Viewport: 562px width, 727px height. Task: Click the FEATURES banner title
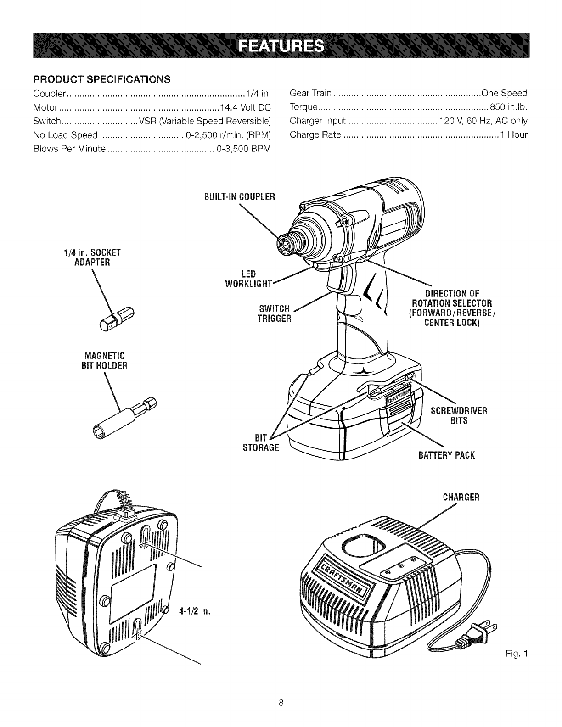coord(281,45)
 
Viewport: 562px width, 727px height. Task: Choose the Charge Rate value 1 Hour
coord(514,135)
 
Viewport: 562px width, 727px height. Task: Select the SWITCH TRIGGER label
coord(274,313)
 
